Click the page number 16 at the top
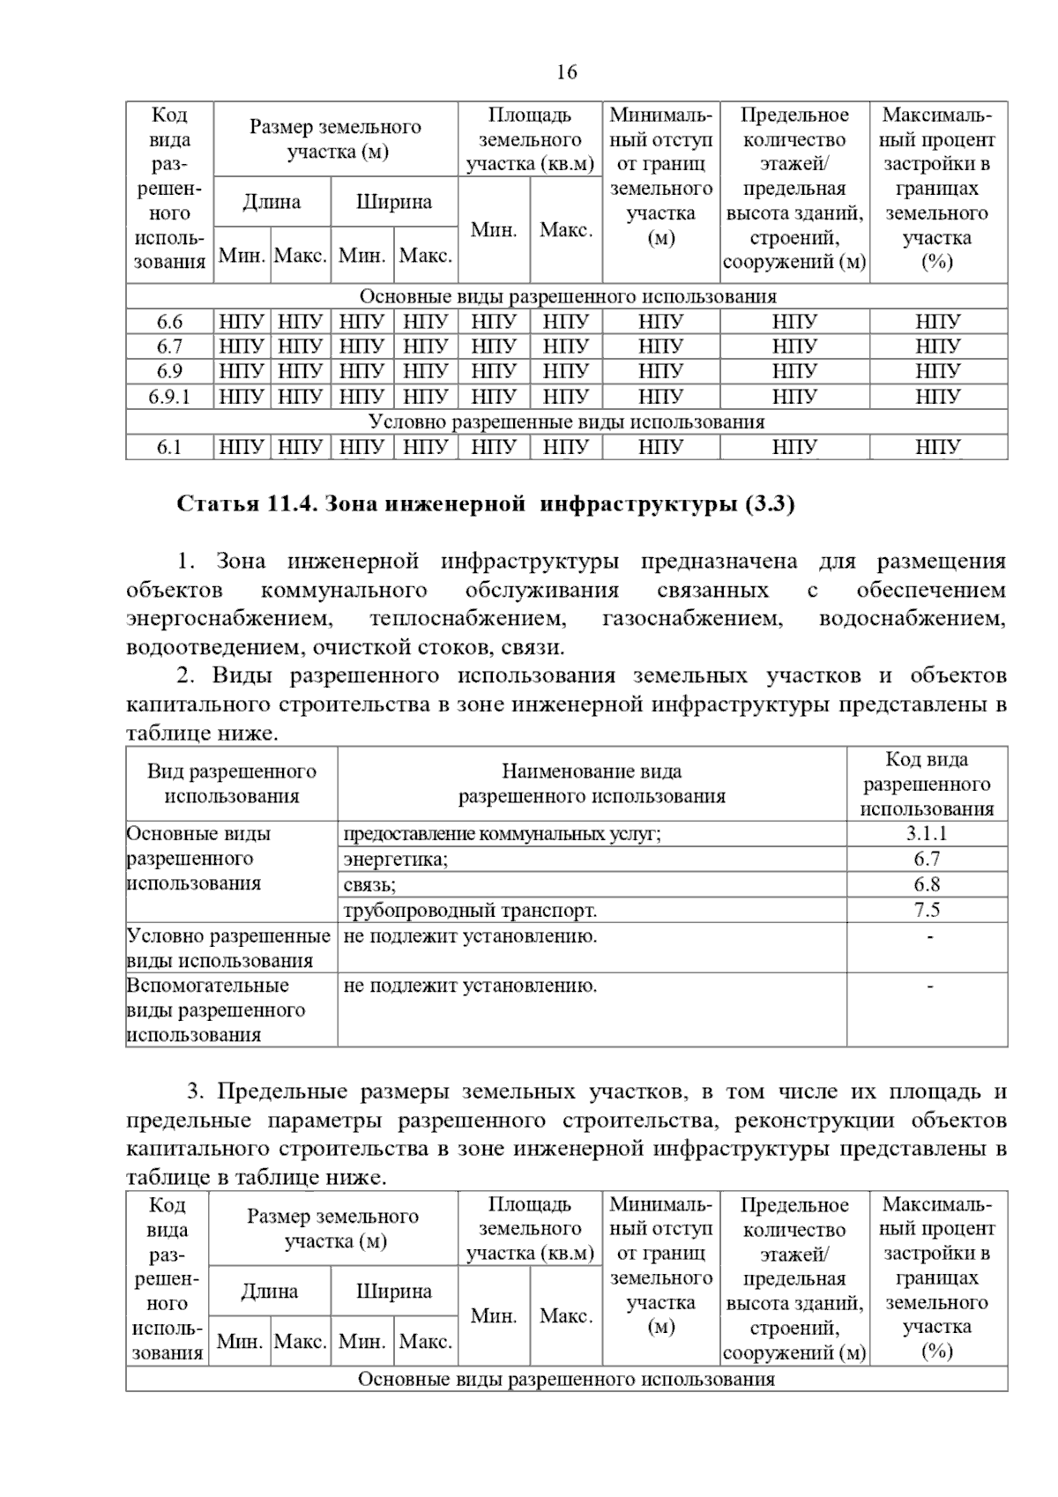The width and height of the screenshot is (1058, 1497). tap(567, 72)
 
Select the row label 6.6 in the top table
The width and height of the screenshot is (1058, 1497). tap(169, 322)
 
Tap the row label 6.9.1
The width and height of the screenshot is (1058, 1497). tap(169, 397)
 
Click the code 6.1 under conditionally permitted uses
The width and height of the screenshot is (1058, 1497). tap(169, 448)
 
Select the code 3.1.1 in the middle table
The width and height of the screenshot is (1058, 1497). tap(927, 834)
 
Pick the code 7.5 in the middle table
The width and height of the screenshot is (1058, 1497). tap(927, 910)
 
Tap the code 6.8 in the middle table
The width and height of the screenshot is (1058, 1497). tap(927, 884)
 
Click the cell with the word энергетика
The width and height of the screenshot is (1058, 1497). tap(396, 859)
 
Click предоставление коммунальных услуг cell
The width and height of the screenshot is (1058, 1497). tap(502, 834)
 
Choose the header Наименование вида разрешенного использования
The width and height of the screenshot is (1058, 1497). tap(592, 784)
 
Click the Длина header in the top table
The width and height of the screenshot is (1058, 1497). tap(272, 202)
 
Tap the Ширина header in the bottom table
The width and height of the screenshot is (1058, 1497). tap(394, 1292)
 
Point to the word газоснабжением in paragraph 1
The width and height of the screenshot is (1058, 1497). tap(691, 619)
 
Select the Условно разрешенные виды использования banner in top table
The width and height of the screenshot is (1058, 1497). tap(566, 422)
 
